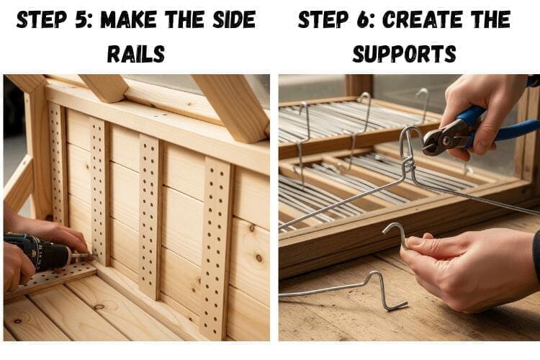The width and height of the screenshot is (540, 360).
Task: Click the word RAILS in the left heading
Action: (x=136, y=54)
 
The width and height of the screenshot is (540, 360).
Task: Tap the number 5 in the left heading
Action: (x=82, y=19)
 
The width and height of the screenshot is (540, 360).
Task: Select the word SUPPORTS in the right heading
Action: (x=405, y=54)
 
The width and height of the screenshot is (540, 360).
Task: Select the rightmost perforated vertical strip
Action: (x=216, y=248)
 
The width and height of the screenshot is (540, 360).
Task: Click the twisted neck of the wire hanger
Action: (x=408, y=166)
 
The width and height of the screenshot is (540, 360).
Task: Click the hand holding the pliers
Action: (x=485, y=114)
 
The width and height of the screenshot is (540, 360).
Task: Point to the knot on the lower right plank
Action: (x=259, y=257)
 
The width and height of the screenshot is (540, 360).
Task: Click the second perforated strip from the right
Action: (x=150, y=216)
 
